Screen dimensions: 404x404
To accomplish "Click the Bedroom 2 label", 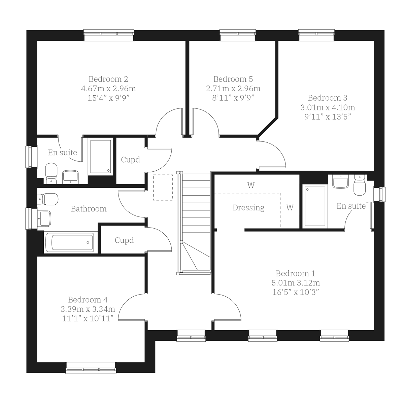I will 108,79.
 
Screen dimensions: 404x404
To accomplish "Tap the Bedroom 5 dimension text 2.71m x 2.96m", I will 233,89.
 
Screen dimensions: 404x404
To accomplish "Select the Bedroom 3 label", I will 327,98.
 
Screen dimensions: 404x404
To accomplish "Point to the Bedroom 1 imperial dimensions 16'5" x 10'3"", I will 295,292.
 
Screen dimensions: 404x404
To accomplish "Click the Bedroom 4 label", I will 88,300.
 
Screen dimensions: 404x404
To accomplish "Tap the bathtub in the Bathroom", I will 69,242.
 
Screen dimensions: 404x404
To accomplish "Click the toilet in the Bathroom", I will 47,199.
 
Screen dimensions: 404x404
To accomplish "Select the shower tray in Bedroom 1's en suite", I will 315,206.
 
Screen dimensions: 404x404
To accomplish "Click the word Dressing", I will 248,208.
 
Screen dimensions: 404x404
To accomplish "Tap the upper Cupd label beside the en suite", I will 130,160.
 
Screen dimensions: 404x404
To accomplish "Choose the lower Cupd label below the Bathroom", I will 124,240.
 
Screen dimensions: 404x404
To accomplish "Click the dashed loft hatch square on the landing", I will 163,187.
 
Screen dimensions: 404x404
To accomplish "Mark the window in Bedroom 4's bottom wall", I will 91,368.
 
